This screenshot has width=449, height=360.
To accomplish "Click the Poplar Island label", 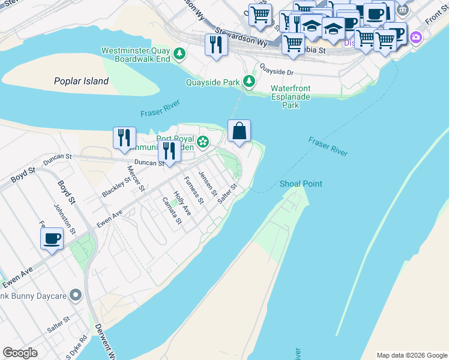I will [x=81, y=81].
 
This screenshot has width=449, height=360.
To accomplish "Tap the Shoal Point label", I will [x=301, y=184].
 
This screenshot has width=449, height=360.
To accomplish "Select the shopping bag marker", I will [x=239, y=131].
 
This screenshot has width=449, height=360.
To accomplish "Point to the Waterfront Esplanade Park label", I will [x=291, y=97].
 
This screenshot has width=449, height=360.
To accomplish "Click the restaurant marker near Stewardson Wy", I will [x=215, y=45].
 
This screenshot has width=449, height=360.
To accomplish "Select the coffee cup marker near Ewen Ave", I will [x=52, y=239].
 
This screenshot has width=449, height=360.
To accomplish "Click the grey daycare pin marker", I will [x=75, y=295].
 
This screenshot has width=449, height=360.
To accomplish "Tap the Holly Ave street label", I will [x=182, y=203].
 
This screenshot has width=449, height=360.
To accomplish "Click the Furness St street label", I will [x=192, y=188].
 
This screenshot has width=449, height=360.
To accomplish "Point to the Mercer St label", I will [x=136, y=178].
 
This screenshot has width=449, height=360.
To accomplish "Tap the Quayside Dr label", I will [x=278, y=73].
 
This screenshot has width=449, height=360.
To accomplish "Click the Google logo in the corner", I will [x=20, y=353].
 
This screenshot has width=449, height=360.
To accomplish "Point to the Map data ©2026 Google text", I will [x=411, y=355].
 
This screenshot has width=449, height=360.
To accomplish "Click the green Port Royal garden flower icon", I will [x=203, y=142].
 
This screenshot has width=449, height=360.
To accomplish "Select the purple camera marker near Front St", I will [x=415, y=38].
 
